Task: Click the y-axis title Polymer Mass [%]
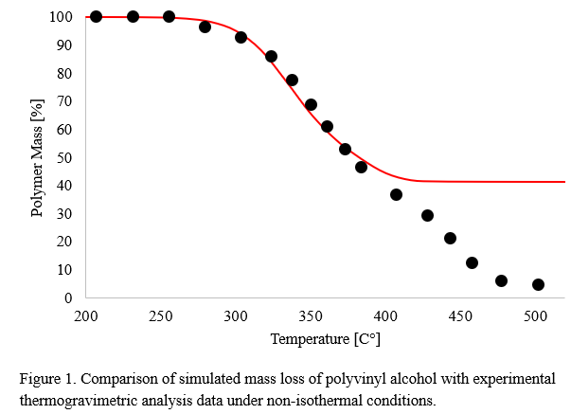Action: coord(38,157)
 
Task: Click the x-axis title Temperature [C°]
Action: coord(325,338)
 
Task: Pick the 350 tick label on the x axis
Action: coord(310,315)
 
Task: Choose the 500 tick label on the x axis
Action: coord(534,315)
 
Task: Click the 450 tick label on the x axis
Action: coord(459,315)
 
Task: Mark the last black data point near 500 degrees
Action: coord(538,284)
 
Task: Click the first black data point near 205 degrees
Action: coord(96,16)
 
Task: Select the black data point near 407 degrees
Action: coord(396,194)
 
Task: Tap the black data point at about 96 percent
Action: coord(205,27)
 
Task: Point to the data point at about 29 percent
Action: coord(427,215)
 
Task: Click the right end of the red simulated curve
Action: coord(564,181)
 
